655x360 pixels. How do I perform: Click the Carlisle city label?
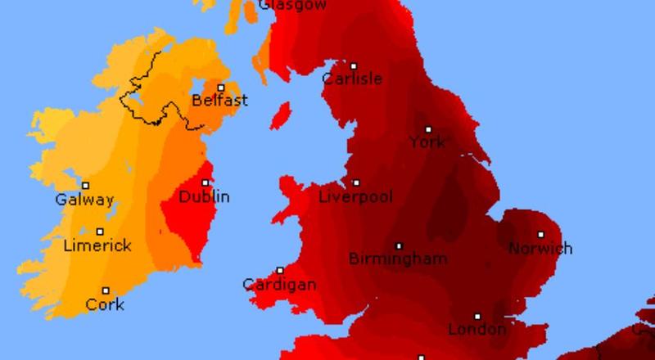(352, 79)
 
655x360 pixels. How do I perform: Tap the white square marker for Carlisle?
(354, 66)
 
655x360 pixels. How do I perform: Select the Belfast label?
(219, 101)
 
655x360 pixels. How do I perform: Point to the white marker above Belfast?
(221, 88)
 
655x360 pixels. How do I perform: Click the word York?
(427, 142)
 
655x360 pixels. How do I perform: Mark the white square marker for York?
(428, 129)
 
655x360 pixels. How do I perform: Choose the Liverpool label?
(355, 197)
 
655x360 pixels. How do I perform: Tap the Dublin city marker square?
(206, 183)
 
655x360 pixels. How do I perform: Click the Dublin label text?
(204, 197)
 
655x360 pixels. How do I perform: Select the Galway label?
(84, 200)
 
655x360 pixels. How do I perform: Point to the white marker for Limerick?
(101, 232)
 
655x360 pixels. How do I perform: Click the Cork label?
(106, 304)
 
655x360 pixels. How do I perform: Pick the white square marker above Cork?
(106, 290)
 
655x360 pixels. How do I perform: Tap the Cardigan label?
(279, 285)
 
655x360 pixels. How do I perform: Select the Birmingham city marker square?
(400, 245)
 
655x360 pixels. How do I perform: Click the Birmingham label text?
(398, 259)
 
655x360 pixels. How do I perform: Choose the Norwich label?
(540, 248)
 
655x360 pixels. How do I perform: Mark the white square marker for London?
(477, 316)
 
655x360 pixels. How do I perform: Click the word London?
(477, 330)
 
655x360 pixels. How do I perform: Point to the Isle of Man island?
(280, 115)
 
